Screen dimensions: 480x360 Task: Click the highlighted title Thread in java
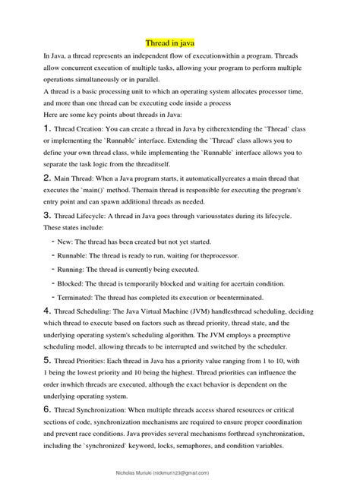point(175,45)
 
